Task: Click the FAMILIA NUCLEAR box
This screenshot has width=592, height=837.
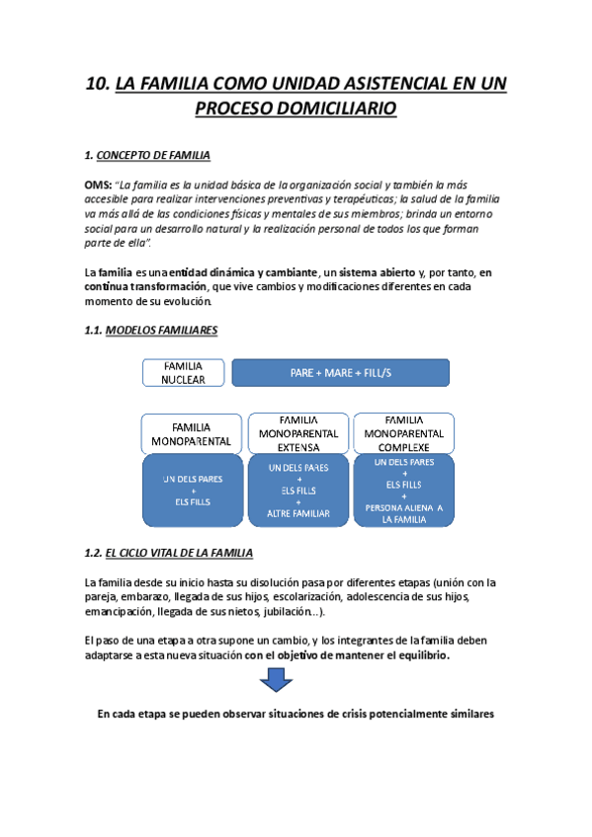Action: (x=184, y=372)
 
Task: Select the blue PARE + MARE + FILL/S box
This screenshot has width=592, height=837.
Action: (x=340, y=372)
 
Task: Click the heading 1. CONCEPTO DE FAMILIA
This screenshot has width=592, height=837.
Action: (x=147, y=156)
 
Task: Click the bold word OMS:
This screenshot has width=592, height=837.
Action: (x=99, y=185)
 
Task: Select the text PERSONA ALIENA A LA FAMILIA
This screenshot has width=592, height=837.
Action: (x=403, y=512)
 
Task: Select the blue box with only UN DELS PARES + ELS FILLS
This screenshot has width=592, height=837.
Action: (x=193, y=490)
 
